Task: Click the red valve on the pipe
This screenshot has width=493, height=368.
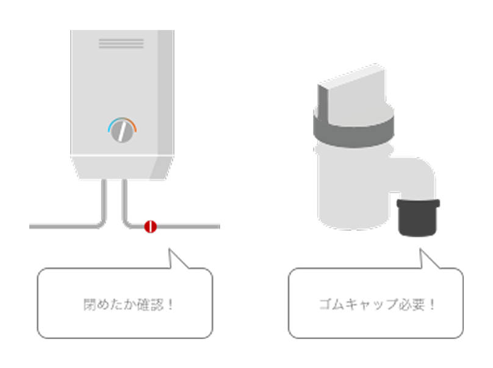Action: [150, 226]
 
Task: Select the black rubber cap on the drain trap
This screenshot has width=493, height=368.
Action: [418, 218]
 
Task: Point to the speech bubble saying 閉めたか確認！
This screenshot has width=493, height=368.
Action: [125, 303]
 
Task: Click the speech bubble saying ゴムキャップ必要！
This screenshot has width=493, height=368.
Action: [375, 303]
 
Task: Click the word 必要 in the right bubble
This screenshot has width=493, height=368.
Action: [409, 304]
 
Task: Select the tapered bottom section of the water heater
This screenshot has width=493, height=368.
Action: [122, 167]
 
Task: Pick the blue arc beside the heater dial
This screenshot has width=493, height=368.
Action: [112, 126]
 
